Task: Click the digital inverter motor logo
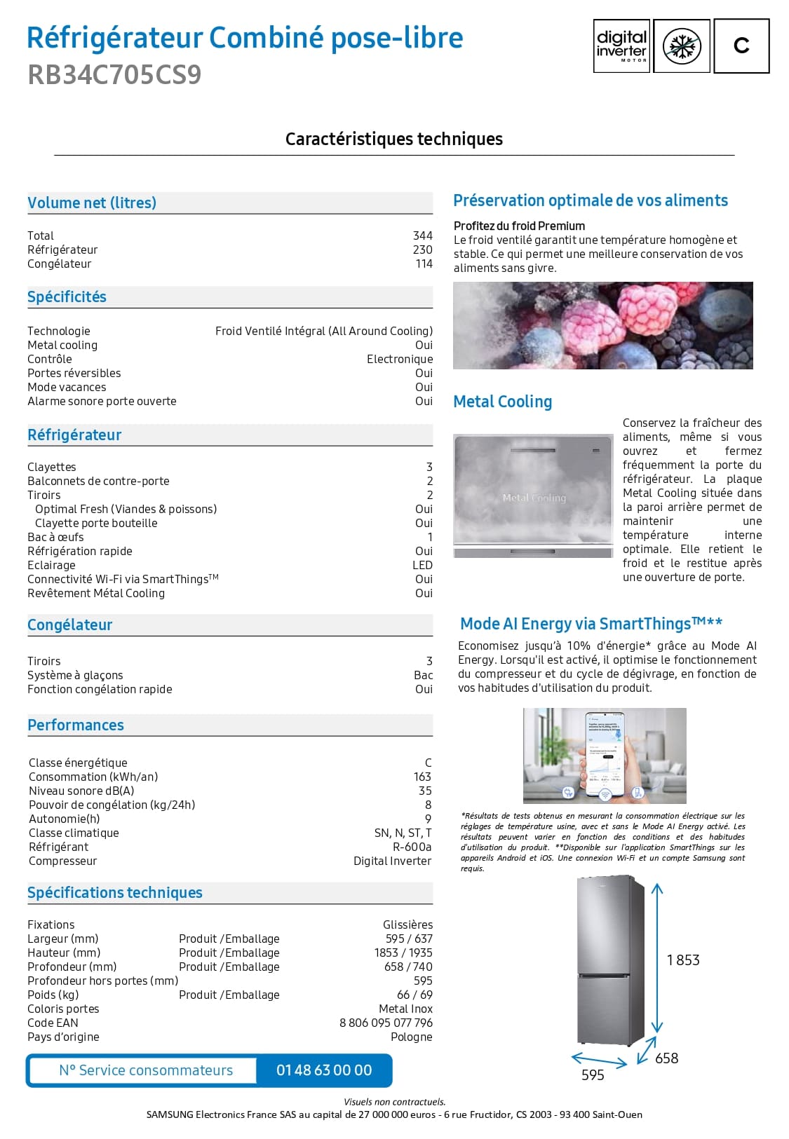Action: click(621, 46)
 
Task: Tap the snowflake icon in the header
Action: click(682, 46)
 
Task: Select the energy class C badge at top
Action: click(741, 46)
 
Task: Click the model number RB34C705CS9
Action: click(114, 74)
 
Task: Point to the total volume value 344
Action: click(422, 236)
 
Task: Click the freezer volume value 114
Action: click(424, 264)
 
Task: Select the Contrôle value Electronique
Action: click(399, 359)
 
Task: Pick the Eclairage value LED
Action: click(422, 565)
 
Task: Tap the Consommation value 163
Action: click(422, 777)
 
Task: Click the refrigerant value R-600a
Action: click(412, 847)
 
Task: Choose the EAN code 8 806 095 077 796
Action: click(386, 1023)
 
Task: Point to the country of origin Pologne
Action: click(411, 1037)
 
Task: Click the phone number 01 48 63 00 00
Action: click(324, 1070)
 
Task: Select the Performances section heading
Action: click(76, 725)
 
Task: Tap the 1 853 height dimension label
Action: click(683, 960)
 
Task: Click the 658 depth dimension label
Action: click(666, 1058)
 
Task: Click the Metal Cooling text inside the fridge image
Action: click(534, 498)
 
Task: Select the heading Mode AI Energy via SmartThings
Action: click(591, 624)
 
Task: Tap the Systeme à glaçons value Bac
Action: click(423, 675)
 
